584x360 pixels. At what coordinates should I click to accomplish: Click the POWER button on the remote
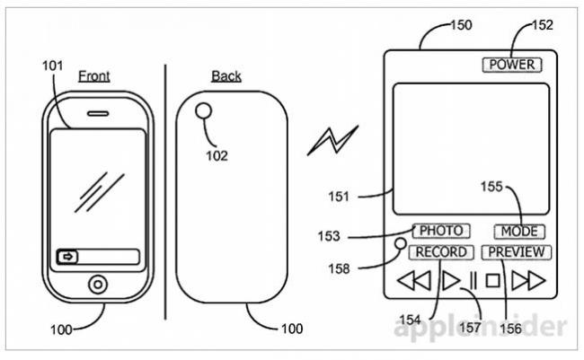(x=511, y=65)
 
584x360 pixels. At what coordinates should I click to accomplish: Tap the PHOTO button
(x=441, y=231)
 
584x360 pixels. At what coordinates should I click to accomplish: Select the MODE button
(x=518, y=232)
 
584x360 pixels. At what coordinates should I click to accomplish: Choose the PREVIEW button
(x=517, y=252)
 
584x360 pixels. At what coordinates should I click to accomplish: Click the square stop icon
(x=492, y=281)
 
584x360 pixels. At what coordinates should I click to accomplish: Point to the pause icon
(x=471, y=281)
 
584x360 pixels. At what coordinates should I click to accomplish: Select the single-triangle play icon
(x=450, y=281)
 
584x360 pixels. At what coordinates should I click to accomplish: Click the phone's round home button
(x=96, y=285)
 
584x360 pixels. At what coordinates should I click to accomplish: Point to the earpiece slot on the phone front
(x=97, y=116)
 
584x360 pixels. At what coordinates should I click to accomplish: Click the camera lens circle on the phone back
(x=206, y=113)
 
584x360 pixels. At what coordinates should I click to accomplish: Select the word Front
(x=93, y=76)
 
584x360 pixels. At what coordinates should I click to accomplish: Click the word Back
(x=226, y=76)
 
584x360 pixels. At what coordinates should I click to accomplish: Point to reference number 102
(x=217, y=154)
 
